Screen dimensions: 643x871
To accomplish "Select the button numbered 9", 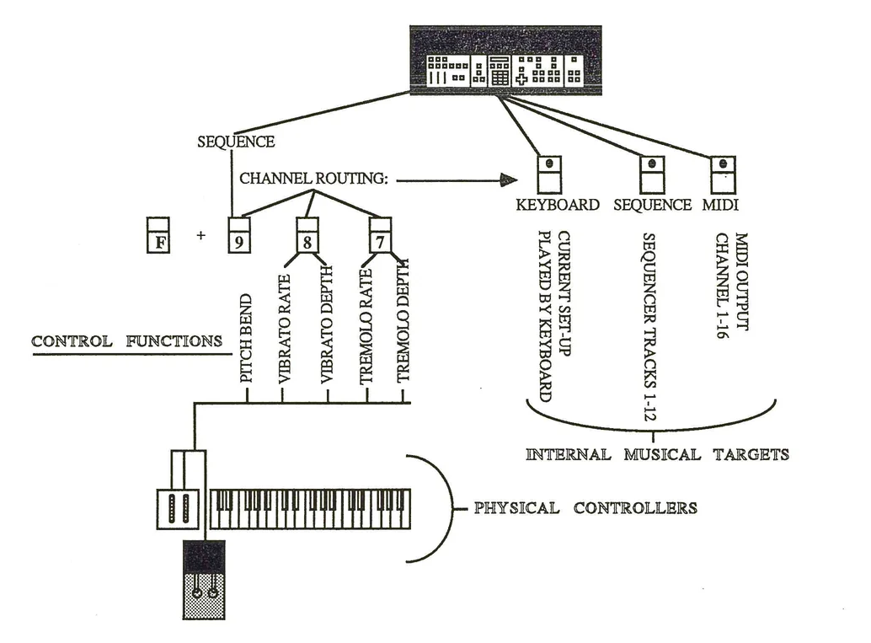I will click(239, 235).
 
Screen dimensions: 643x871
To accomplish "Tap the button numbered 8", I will click(307, 235).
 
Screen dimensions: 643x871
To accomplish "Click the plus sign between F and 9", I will click(200, 236).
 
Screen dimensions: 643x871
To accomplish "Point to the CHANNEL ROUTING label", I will click(313, 180).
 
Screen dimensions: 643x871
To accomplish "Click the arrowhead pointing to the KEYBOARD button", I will click(506, 180).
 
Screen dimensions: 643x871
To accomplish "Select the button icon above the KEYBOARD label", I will click(549, 174).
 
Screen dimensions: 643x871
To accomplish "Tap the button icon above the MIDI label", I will click(722, 174).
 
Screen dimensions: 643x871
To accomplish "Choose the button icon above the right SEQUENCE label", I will click(651, 174).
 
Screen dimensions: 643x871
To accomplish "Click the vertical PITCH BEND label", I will click(247, 339).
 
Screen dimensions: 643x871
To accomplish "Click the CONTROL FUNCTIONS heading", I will click(126, 341).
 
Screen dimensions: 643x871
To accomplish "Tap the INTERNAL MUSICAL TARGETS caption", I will click(657, 455).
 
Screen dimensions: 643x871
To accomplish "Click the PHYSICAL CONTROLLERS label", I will click(585, 508).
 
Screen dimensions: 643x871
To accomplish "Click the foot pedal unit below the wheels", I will click(204, 580).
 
